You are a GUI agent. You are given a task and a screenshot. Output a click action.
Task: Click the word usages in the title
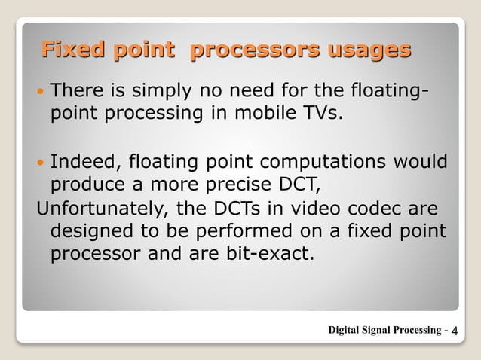click(367, 50)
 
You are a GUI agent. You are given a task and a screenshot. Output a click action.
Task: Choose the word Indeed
click(84, 162)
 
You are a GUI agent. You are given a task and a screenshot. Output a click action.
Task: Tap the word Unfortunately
click(98, 206)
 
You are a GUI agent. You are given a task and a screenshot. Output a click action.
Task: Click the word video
click(299, 206)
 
